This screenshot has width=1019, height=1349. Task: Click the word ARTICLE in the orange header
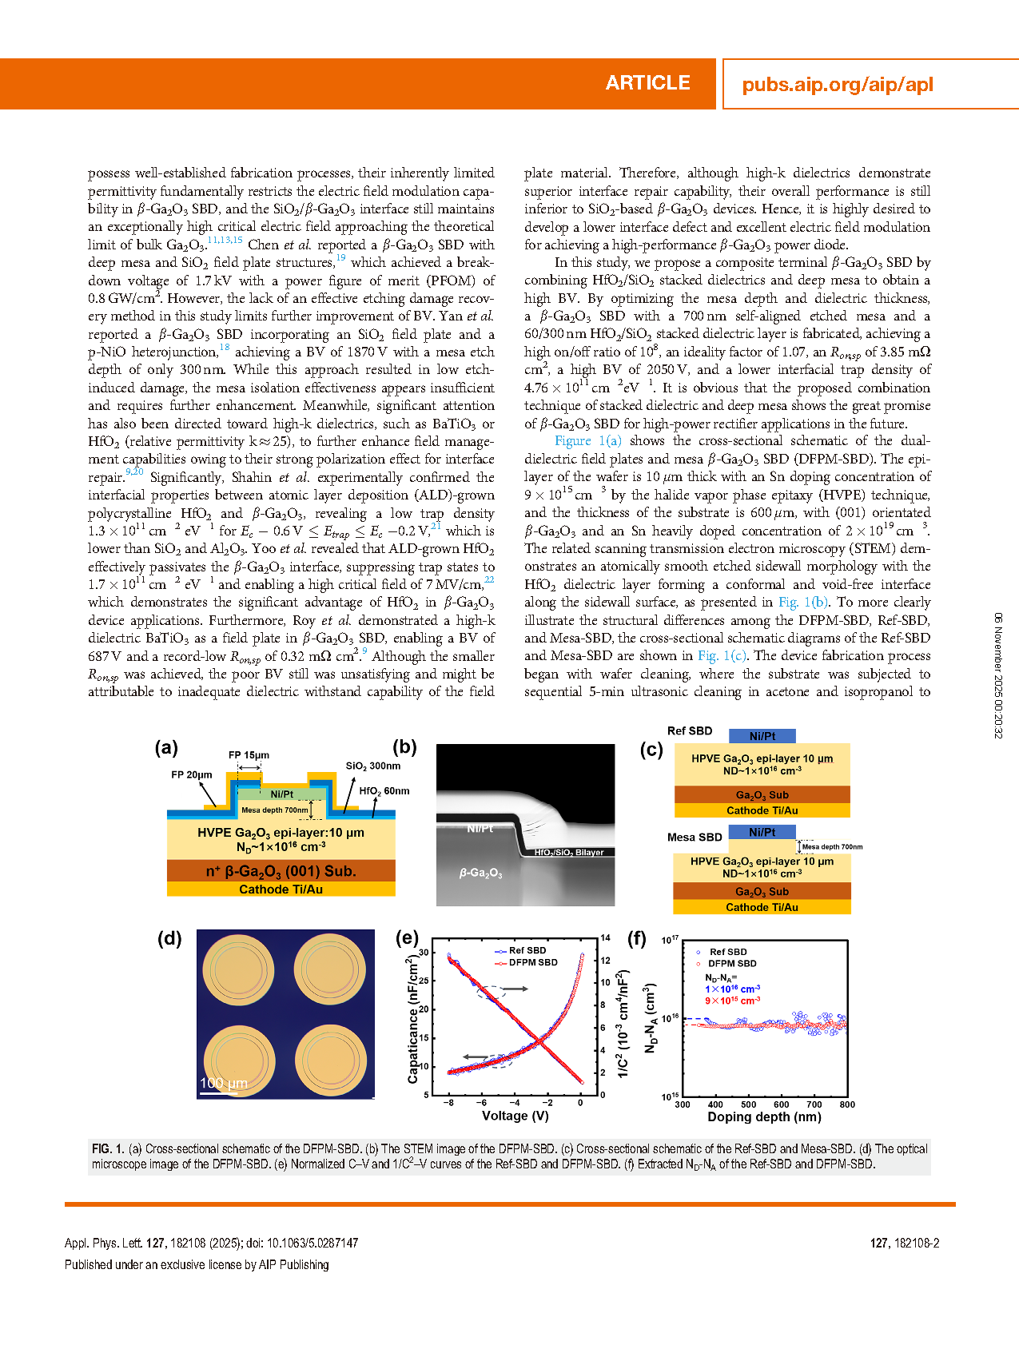[x=647, y=83]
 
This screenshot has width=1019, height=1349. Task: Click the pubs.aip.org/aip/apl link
[x=837, y=85]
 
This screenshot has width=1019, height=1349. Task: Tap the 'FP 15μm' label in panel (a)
[x=249, y=754]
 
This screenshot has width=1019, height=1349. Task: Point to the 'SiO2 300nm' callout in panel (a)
[x=373, y=766]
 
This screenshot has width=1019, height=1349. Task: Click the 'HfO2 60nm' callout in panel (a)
[x=384, y=791]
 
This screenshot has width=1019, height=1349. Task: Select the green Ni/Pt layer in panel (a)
[x=281, y=794]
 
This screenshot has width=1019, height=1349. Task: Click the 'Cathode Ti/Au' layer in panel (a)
[x=281, y=889]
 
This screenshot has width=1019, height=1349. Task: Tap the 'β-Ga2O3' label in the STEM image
[x=480, y=873]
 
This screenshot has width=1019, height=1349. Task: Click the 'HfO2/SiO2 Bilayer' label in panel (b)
[x=568, y=853]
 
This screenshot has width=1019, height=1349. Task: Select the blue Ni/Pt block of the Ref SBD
[x=762, y=736]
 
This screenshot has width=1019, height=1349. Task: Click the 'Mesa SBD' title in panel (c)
[x=695, y=838]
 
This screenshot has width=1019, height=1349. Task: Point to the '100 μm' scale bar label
[x=224, y=1083]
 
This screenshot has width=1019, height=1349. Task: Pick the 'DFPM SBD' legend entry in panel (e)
[x=532, y=962]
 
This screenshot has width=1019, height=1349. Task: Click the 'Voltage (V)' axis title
[x=515, y=1116]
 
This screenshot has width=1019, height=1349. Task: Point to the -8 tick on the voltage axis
[x=449, y=1103]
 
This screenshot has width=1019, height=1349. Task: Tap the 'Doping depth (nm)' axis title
[x=764, y=1117]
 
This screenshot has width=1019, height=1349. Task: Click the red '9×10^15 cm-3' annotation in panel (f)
[x=732, y=1001]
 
